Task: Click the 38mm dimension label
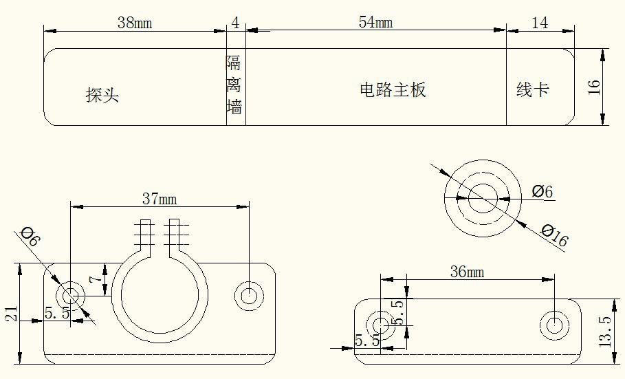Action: [x=134, y=23]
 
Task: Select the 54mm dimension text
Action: [x=375, y=22]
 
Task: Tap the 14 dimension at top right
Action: [x=540, y=23]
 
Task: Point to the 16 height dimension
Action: [x=595, y=87]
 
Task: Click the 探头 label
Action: [x=102, y=95]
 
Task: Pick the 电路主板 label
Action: [x=393, y=89]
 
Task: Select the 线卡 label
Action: [x=533, y=89]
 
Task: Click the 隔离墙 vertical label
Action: [x=234, y=86]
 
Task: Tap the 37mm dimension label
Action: [x=160, y=199]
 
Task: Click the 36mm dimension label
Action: [x=467, y=272]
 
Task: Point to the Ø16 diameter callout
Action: [x=554, y=236]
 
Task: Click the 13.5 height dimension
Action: [x=605, y=332]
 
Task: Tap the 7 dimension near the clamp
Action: [x=100, y=280]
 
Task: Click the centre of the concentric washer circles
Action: [x=482, y=197]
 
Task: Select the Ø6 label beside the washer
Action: [x=542, y=191]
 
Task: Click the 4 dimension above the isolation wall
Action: [x=236, y=23]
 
